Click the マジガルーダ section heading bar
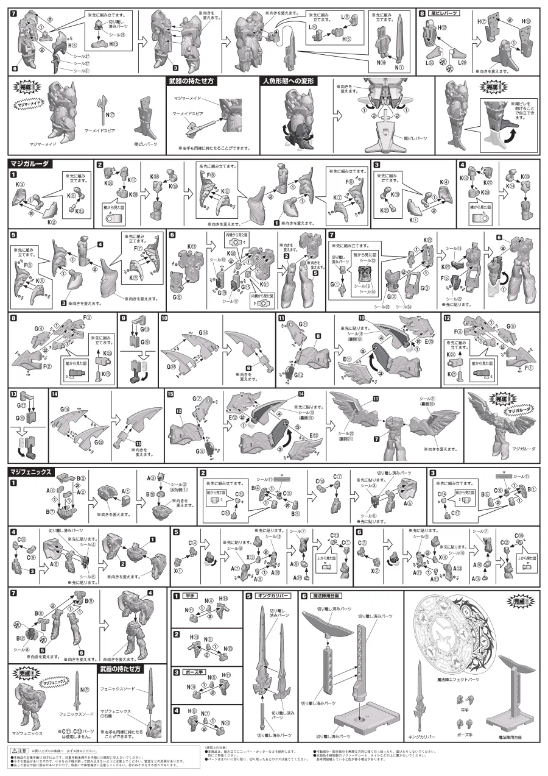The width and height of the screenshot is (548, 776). click(x=30, y=163)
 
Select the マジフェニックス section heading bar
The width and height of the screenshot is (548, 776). click(x=33, y=471)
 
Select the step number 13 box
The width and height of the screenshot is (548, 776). click(x=13, y=395)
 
